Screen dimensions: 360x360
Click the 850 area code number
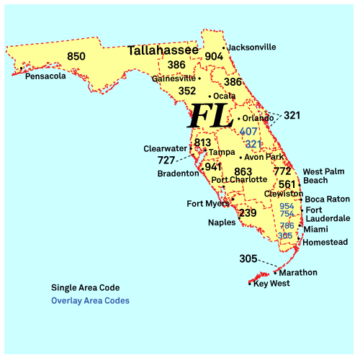click(x=76, y=57)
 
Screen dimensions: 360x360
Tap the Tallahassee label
click(x=163, y=50)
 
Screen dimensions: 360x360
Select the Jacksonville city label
click(x=251, y=47)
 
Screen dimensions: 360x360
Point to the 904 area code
click(x=214, y=57)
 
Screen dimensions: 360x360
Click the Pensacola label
click(x=45, y=76)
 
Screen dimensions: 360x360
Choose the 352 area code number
click(x=187, y=91)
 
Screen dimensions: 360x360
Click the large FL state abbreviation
click(x=210, y=115)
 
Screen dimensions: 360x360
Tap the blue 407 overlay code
click(x=249, y=132)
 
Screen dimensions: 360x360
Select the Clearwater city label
click(x=165, y=148)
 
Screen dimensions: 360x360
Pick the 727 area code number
click(x=166, y=160)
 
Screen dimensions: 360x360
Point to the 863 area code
click(x=243, y=172)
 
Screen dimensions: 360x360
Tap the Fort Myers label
click(x=207, y=204)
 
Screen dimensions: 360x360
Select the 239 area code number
click(x=248, y=213)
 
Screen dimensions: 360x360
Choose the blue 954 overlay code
click(x=287, y=206)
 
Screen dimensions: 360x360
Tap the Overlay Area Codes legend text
click(x=90, y=301)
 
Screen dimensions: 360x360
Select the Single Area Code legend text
click(x=86, y=287)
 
